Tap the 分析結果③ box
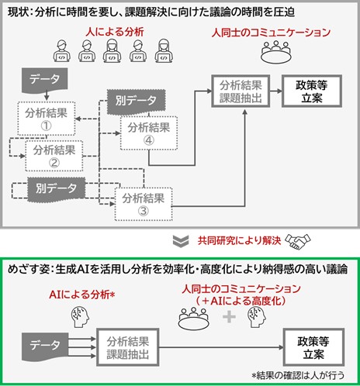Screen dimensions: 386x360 click(144, 204)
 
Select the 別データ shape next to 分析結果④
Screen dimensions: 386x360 click(132, 99)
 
